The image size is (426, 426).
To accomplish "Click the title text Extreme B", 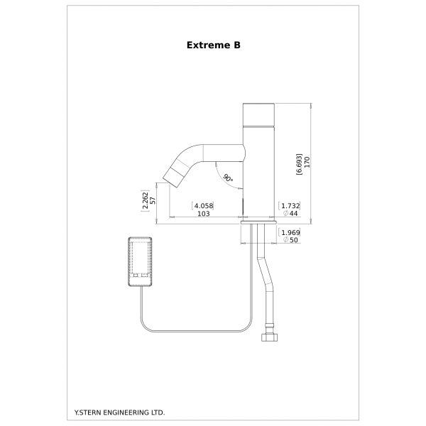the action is coord(213,45).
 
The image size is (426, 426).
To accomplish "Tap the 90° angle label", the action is coord(228,178).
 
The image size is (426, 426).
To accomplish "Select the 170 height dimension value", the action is coord(307,162).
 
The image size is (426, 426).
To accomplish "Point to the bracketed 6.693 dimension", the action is coord(299,164).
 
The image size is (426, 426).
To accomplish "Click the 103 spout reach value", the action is coord(204,214).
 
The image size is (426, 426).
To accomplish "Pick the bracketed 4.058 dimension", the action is coord(202,206).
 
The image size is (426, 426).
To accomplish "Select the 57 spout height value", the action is coord(153,200).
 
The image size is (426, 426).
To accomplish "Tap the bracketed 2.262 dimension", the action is coord(146,201).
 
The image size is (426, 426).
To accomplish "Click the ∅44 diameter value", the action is coord(290,214).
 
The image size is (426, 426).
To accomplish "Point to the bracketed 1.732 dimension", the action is coord(290,206).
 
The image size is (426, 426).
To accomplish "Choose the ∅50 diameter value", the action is coord(290,240).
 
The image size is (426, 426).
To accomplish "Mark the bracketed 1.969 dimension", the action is coord(290,233).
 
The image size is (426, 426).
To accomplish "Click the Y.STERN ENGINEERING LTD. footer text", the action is coord(119,413).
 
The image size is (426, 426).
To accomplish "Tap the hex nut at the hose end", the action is coord(270,337).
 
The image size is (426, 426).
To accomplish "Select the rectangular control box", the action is coord(140,261).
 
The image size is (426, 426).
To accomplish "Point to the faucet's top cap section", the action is coord(258,115).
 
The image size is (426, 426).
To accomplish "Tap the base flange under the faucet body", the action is coord(258,222).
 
